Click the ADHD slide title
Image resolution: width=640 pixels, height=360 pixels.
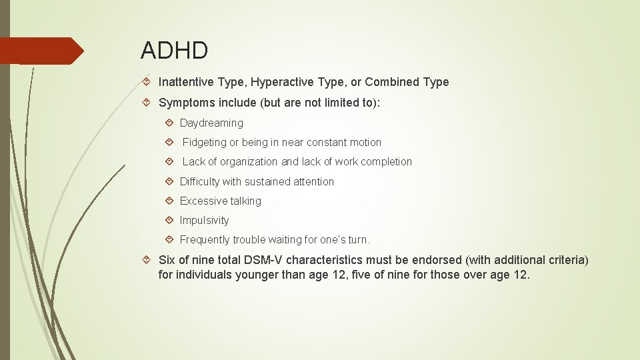(175, 50)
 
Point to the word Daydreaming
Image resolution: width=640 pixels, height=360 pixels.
(211, 123)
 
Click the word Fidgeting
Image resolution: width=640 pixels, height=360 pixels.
(205, 142)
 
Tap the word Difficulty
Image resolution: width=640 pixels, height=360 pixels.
(200, 181)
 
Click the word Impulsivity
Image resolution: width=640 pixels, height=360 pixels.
(204, 220)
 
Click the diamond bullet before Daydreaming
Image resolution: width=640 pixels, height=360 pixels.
(169, 123)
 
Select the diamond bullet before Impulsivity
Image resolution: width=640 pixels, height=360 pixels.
(169, 220)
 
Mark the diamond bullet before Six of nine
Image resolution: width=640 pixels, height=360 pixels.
(147, 259)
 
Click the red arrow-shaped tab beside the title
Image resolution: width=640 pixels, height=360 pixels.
(40, 51)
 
